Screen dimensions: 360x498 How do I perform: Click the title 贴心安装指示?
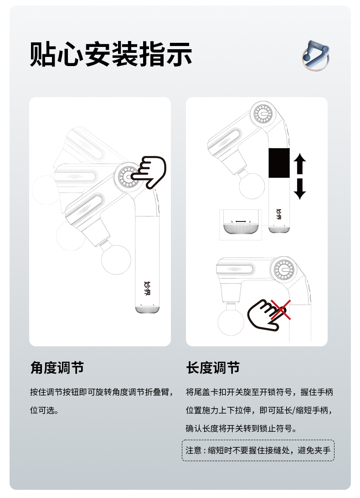(x=111, y=54)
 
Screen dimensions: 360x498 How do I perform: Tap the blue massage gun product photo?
(x=315, y=55)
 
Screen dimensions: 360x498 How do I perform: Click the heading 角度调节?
(x=57, y=368)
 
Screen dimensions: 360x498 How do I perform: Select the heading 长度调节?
(x=213, y=368)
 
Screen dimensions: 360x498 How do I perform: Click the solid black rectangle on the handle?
(x=279, y=163)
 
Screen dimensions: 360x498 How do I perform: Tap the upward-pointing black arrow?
(x=300, y=163)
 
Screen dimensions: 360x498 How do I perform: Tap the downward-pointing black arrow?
(x=300, y=189)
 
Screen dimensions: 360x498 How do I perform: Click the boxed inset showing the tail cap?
(x=241, y=225)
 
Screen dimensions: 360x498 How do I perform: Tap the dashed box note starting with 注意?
(x=258, y=450)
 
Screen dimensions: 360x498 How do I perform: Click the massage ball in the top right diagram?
(x=252, y=186)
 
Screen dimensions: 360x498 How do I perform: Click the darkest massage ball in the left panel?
(x=116, y=259)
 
